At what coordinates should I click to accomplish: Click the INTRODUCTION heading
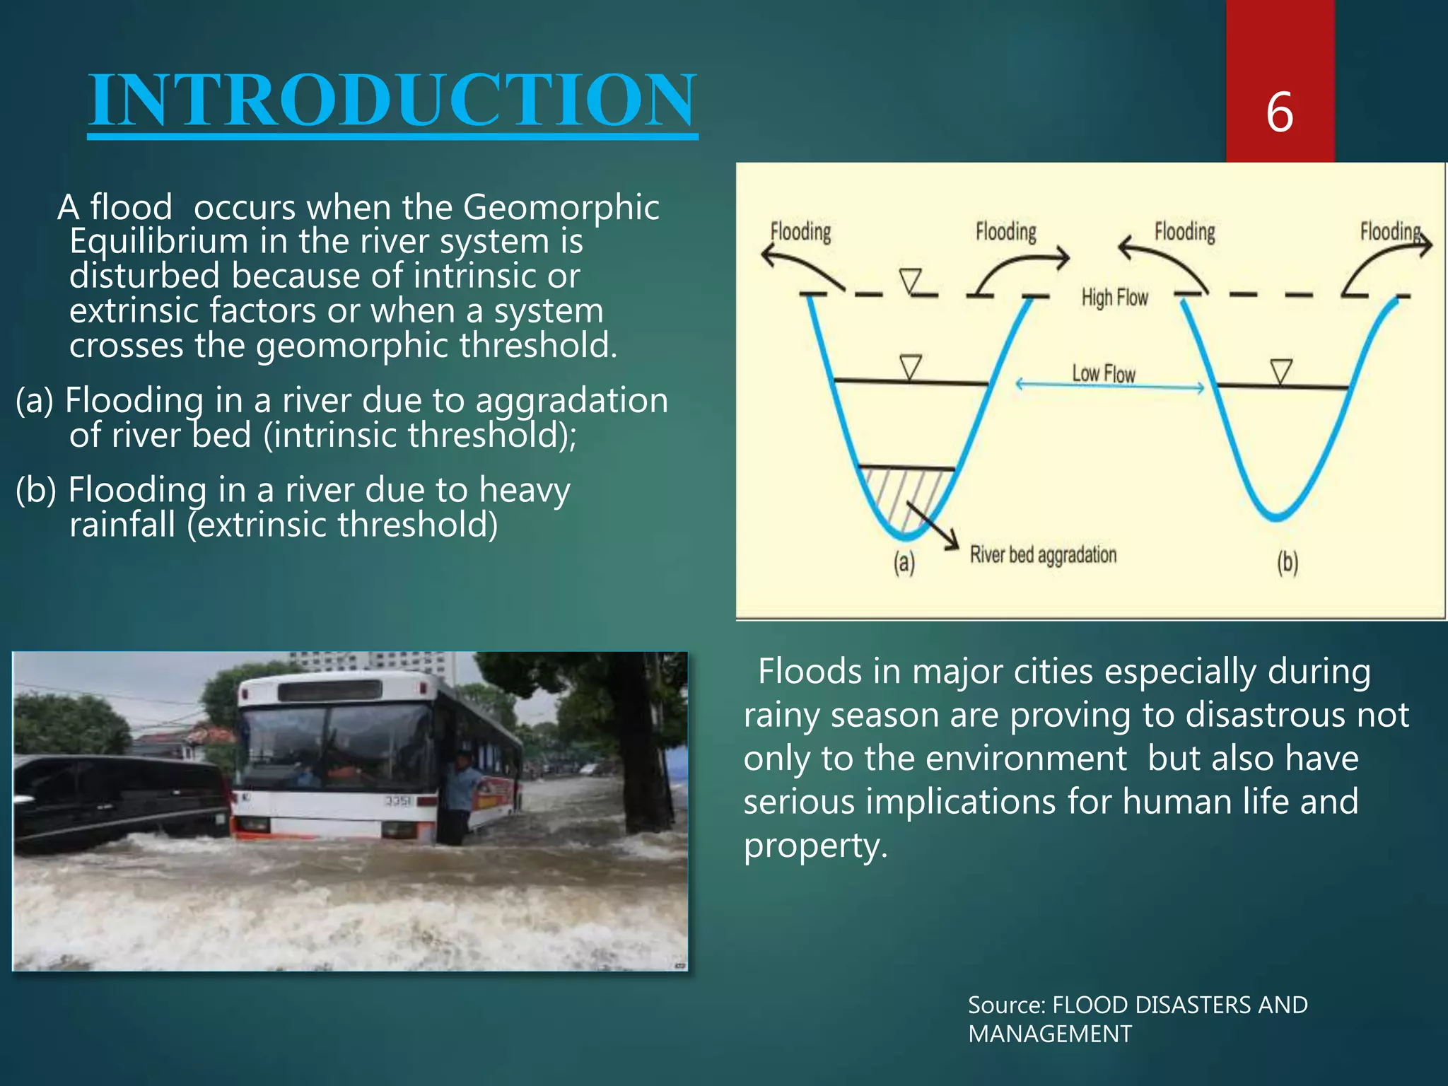(x=392, y=100)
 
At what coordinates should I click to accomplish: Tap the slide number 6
(x=1279, y=112)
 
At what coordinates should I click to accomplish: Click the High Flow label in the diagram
(x=1114, y=298)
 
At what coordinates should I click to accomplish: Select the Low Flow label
(x=1103, y=373)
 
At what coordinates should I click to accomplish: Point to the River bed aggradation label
(x=1043, y=555)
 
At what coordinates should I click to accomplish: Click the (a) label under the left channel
(x=904, y=563)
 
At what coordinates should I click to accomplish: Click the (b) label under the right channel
(x=1288, y=563)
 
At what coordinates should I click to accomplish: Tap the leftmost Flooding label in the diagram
(x=800, y=232)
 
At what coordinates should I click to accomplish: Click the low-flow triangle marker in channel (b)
(x=1281, y=370)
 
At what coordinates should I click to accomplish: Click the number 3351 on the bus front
(x=398, y=800)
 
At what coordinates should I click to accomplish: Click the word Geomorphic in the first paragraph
(x=561, y=207)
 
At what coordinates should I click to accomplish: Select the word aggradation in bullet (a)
(x=571, y=400)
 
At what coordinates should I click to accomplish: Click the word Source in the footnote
(x=1006, y=1005)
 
